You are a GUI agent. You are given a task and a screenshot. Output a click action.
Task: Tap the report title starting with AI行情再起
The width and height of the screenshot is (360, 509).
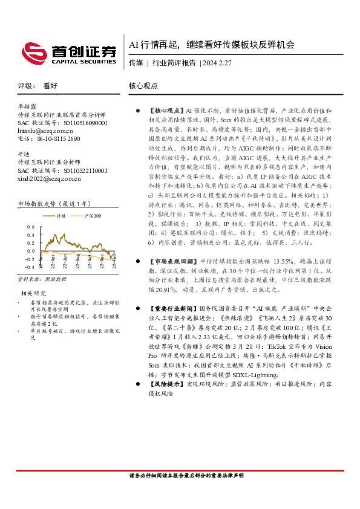point(212,45)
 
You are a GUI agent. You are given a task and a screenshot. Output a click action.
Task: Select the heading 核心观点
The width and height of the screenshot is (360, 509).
point(143,86)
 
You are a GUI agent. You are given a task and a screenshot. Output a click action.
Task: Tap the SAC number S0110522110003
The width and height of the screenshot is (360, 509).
point(79,170)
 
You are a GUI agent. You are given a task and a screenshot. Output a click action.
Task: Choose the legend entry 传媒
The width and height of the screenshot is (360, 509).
point(61,215)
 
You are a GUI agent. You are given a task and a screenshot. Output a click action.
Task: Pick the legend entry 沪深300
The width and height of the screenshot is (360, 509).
point(93,215)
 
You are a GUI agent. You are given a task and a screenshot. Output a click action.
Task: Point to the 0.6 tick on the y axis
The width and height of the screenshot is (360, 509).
point(31,227)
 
